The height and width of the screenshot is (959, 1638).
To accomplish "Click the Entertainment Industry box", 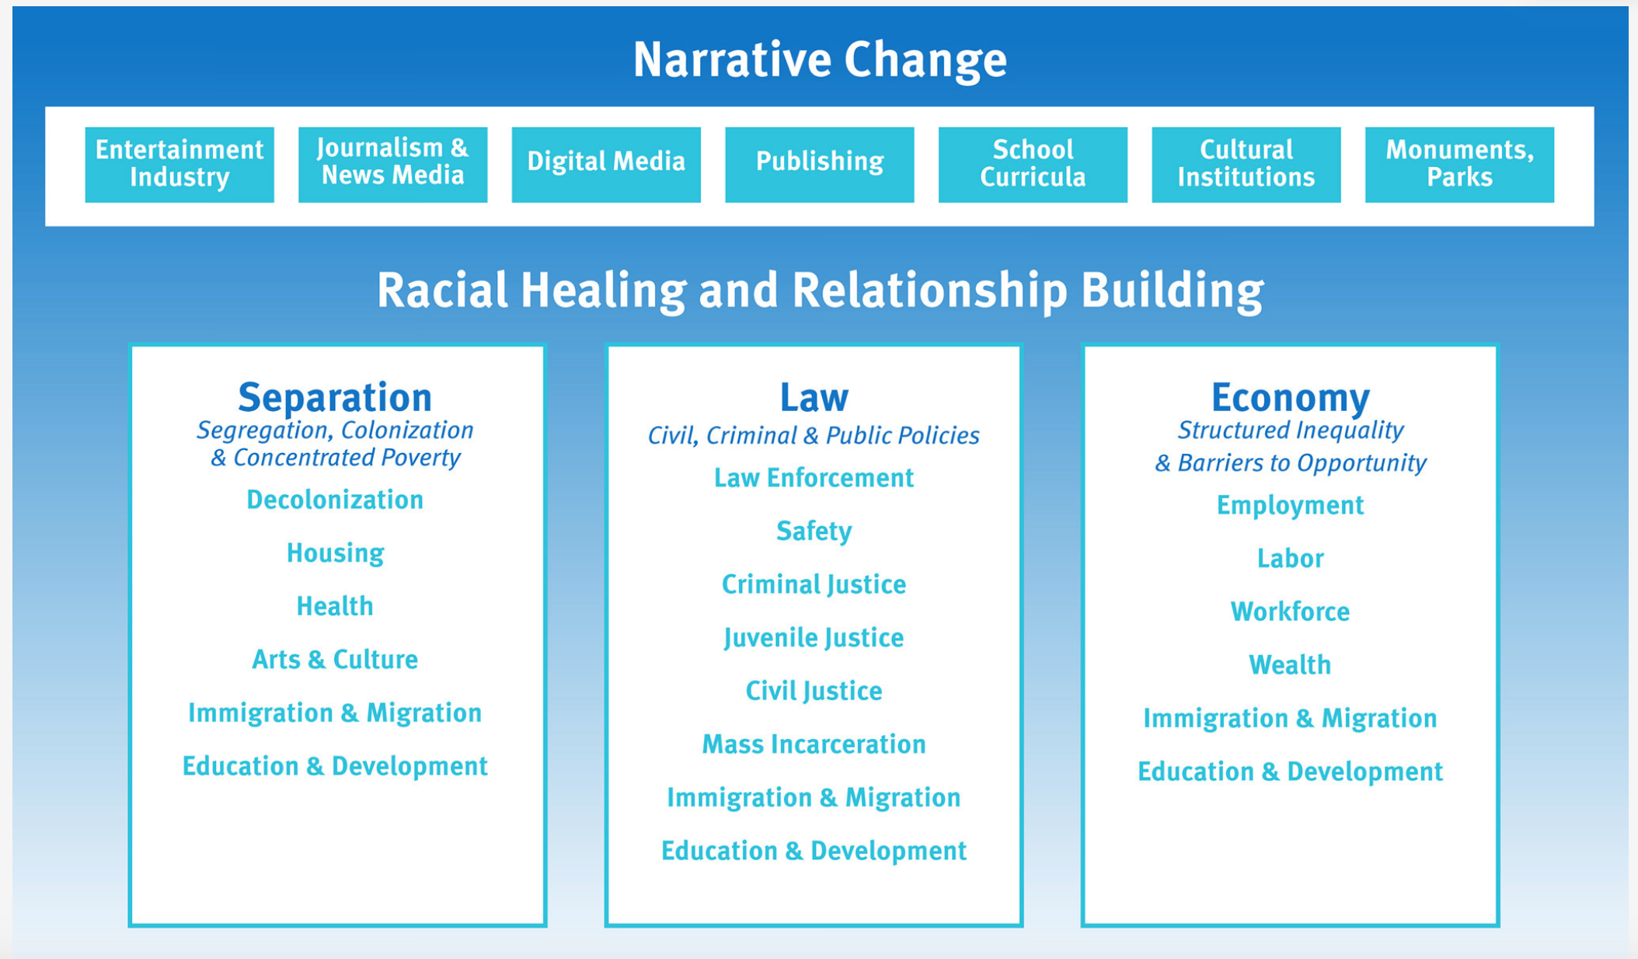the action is tap(179, 164).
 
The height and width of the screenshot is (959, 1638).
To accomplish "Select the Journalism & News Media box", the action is tap(392, 164).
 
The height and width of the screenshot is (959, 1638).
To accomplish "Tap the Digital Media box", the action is tap(606, 164).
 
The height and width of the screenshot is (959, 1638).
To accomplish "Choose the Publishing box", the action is tap(819, 164).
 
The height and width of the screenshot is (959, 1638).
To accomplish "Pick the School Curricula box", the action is tap(1033, 164).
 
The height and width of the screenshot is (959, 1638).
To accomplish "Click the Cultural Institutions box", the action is tap(1246, 164).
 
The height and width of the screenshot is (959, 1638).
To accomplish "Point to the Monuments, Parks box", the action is tap(1459, 164).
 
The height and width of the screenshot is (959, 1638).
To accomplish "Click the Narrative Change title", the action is tap(820, 60).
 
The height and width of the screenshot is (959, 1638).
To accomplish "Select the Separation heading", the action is tap(335, 397).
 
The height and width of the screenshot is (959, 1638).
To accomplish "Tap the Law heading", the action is tap(814, 397).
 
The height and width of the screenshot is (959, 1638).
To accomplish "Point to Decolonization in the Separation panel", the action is tap(335, 500).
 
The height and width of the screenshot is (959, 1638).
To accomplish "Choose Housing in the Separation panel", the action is tap(335, 553).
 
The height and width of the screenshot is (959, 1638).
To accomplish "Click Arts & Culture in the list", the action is tap(335, 660).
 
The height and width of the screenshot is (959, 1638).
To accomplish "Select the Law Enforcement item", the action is tap(814, 478).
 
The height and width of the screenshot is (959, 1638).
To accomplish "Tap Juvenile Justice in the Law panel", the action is tap(814, 638).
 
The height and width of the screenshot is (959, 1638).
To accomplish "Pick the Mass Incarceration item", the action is tap(814, 745).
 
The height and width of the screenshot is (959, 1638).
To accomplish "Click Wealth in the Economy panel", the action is tap(1290, 665).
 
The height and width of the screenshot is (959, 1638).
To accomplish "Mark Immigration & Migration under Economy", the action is tap(1290, 719).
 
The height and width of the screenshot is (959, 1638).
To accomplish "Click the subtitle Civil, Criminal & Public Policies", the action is tap(814, 436).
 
